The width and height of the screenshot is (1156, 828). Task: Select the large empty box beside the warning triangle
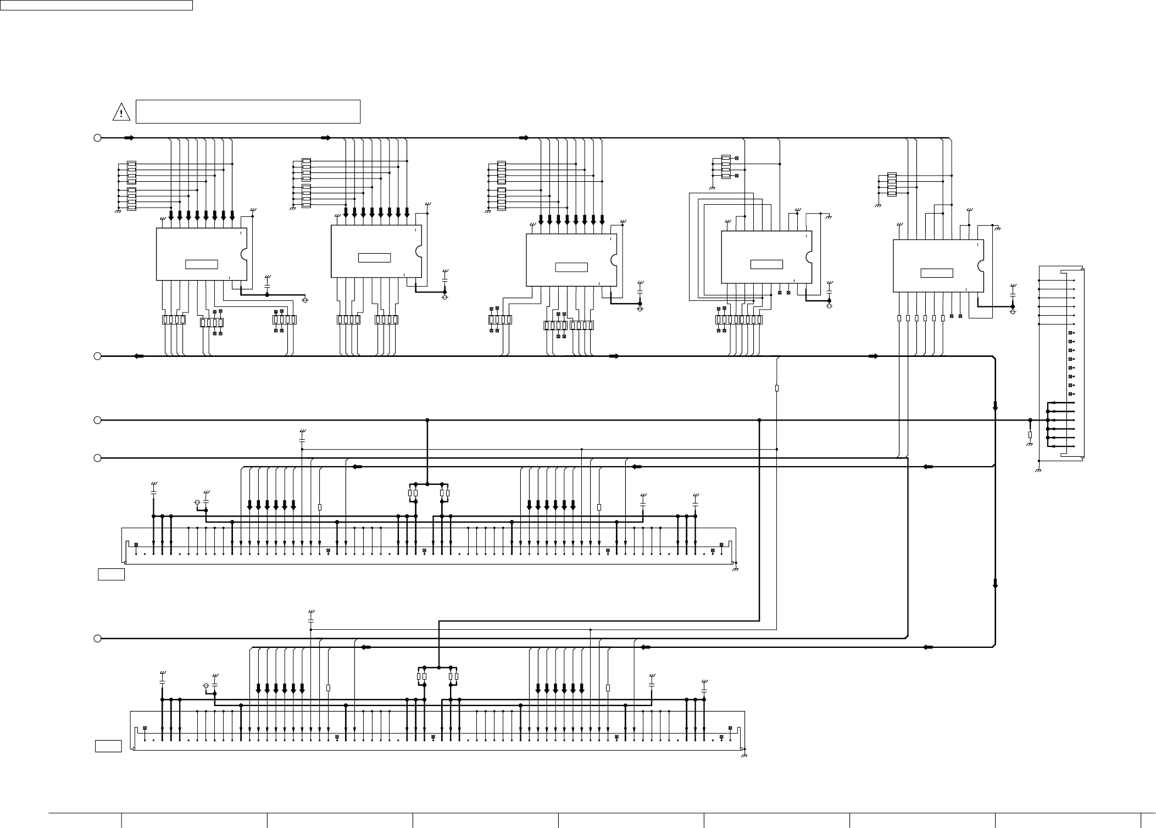click(248, 111)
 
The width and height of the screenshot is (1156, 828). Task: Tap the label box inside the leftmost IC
click(202, 264)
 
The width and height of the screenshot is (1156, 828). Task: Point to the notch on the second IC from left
click(419, 251)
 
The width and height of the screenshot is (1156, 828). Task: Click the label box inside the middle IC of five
click(571, 267)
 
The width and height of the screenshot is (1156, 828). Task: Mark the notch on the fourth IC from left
click(809, 257)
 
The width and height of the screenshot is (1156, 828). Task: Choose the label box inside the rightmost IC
click(937, 273)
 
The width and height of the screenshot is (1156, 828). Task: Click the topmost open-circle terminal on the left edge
click(97, 138)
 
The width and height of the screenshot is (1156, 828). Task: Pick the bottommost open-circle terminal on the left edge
click(97, 639)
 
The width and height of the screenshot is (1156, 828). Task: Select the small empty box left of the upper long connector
click(112, 575)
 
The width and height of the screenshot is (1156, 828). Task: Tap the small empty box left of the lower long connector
click(108, 746)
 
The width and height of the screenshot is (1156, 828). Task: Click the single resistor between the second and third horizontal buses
click(777, 388)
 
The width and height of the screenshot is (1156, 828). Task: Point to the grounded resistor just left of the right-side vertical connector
click(1030, 434)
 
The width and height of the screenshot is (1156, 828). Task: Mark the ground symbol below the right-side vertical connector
click(1038, 471)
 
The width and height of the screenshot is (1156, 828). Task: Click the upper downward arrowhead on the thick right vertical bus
click(995, 406)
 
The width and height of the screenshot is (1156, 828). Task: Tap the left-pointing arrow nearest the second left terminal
click(138, 356)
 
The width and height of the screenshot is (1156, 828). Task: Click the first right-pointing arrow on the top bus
click(129, 138)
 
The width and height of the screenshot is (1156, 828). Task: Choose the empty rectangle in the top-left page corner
click(96, 5)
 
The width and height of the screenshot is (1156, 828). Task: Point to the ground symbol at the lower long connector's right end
click(745, 756)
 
